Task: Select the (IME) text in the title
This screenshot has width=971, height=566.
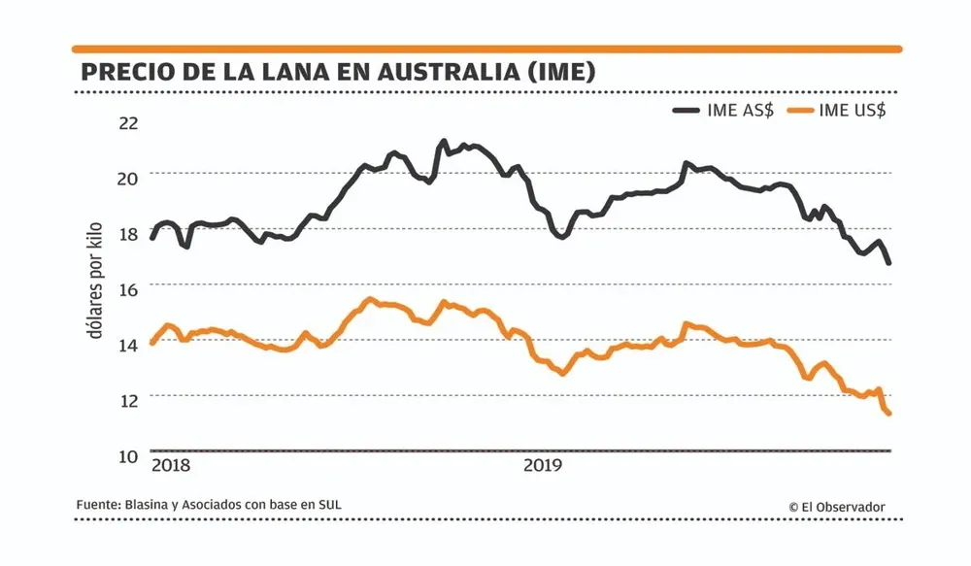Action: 557,73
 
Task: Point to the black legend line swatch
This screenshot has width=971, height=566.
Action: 689,111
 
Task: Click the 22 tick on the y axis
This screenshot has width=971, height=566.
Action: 128,122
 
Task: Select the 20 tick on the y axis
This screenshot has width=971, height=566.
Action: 128,178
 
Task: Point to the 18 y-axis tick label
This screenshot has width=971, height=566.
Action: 128,233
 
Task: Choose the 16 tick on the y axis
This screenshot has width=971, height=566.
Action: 128,288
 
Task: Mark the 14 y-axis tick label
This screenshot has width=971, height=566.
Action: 128,344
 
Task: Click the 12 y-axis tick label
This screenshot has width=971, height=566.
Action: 128,400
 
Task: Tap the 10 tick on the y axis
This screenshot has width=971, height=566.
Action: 128,456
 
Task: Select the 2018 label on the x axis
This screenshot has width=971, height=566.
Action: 171,465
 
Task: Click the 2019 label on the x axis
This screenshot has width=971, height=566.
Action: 543,465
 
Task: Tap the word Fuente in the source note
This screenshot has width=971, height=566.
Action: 97,505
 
